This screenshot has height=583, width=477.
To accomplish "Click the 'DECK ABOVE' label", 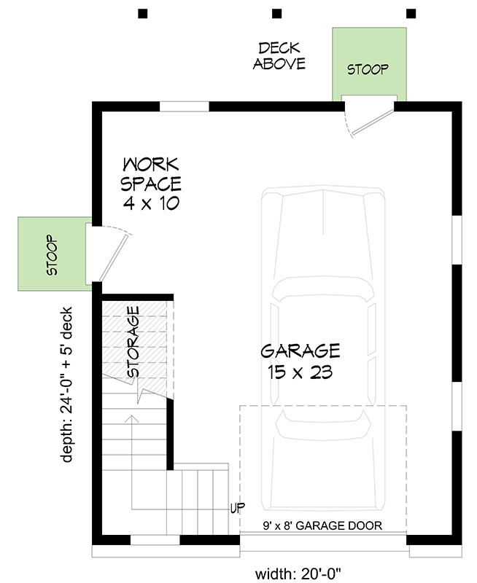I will click(279, 56).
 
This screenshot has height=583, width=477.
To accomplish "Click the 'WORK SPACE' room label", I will click(151, 173).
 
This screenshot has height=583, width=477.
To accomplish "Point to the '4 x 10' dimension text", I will click(150, 203).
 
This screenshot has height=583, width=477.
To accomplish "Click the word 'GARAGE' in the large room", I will click(300, 351).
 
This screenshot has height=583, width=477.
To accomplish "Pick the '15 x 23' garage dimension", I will click(300, 372).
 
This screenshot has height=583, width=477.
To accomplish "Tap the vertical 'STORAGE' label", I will click(133, 342).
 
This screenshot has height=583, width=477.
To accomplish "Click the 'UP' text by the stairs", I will click(237, 507).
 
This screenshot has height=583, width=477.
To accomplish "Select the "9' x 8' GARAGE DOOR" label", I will click(323, 525).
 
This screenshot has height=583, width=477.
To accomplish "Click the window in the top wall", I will click(184, 106).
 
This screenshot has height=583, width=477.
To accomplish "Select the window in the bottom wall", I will click(155, 540).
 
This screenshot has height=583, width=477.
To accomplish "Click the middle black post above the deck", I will click(276, 13).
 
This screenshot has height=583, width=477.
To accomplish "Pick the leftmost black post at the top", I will click(143, 13).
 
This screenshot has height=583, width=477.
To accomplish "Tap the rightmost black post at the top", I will click(411, 13).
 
